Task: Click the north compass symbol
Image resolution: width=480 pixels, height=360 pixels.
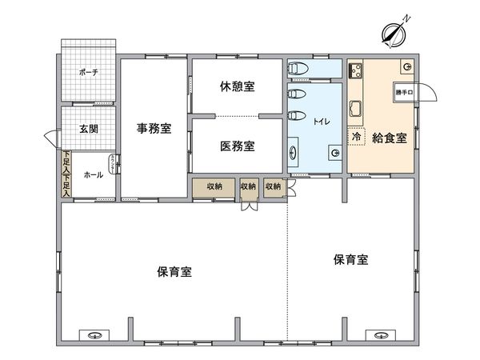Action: coord(392,33)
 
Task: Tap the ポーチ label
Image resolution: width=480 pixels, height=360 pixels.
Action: coord(88,73)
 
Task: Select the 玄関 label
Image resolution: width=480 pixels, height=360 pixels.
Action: coord(88,128)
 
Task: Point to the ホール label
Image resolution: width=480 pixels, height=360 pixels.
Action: coord(93,174)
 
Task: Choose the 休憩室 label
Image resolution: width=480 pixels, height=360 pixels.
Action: coord(237,86)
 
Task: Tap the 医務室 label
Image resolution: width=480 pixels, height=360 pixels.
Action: coord(237,146)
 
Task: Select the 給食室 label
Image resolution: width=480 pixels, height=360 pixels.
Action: coord(390,137)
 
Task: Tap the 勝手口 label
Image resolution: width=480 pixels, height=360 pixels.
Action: coord(405,94)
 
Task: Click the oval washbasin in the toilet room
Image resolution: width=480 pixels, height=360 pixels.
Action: coord(294,150)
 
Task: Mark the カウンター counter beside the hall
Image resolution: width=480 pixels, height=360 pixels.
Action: coord(119,166)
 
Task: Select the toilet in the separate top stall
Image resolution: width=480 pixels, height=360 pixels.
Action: coord(295,68)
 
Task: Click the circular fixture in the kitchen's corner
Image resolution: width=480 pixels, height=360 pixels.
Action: coord(407,66)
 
